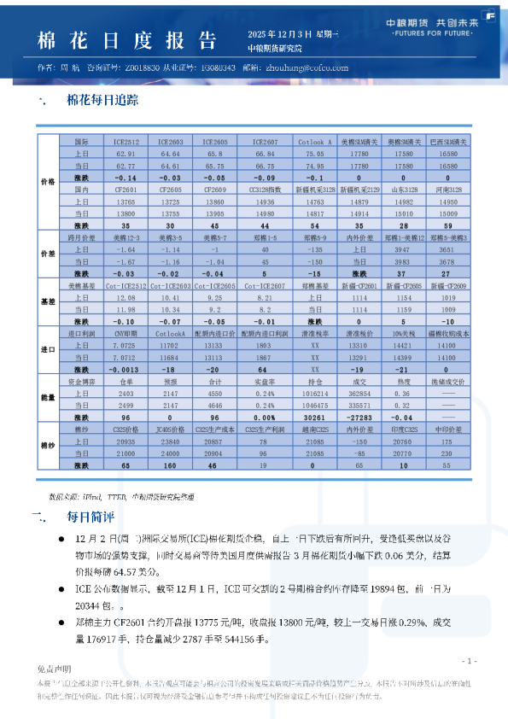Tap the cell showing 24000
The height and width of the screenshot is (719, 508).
pyautogui.click(x=170, y=453)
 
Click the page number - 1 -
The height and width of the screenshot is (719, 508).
pyautogui.click(x=468, y=661)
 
